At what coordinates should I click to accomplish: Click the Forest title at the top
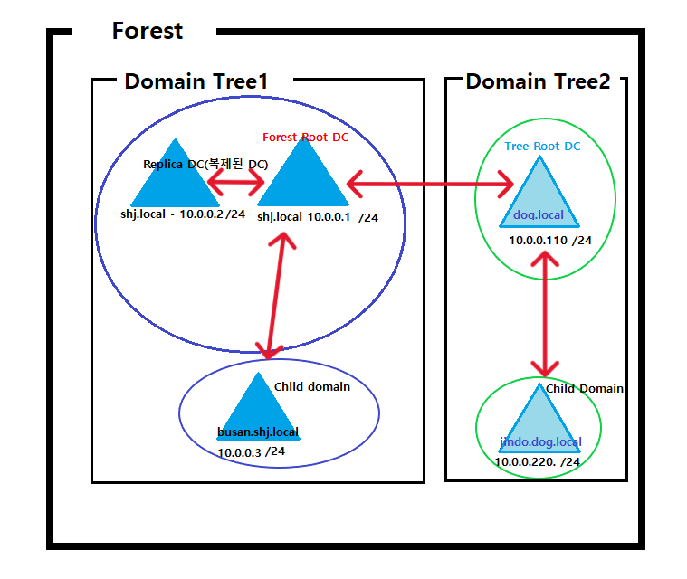click(x=147, y=32)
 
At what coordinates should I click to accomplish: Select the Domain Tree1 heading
click(x=196, y=81)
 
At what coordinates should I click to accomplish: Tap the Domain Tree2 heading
click(x=538, y=81)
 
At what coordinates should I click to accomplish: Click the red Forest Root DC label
click(x=305, y=138)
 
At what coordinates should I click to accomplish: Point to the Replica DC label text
click(x=205, y=165)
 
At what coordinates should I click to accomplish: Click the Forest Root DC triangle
click(x=303, y=181)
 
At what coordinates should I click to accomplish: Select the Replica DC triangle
click(x=172, y=181)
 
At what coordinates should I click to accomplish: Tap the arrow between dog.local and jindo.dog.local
click(x=545, y=314)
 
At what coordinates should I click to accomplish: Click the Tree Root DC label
click(x=543, y=147)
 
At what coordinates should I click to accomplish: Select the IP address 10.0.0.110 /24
click(x=549, y=241)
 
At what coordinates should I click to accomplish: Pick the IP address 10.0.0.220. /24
click(x=537, y=461)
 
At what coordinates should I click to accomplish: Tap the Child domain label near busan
click(x=311, y=386)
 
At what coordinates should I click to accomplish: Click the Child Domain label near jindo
click(x=584, y=388)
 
